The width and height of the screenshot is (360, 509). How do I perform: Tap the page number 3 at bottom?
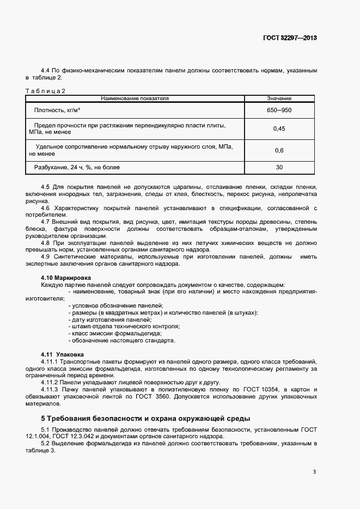tap(314, 471)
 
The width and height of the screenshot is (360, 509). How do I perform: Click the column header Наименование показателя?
tap(135, 99)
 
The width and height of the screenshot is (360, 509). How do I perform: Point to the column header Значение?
tap(279, 99)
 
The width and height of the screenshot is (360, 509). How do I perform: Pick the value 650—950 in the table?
tap(279, 111)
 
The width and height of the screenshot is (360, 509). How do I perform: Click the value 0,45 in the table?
tap(279, 129)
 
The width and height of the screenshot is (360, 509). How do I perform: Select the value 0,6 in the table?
tap(279, 150)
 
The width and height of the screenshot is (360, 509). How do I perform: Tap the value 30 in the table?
tap(279, 167)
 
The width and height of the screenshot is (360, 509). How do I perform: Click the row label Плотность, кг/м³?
tap(57, 111)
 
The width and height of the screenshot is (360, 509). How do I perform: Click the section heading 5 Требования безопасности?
tap(145, 419)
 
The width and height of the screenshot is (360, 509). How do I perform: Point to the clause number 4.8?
tap(45, 243)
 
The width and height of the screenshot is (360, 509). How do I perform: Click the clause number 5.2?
tap(45, 444)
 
